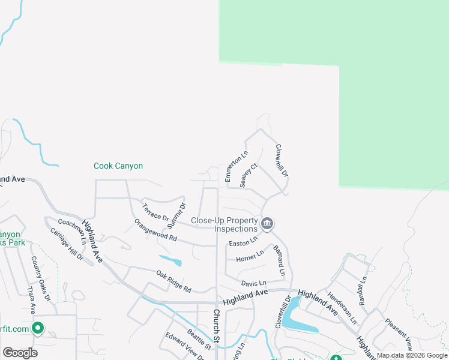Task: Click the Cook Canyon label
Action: click(x=118, y=166)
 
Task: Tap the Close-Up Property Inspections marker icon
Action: click(x=268, y=224)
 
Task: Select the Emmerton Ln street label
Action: click(x=236, y=167)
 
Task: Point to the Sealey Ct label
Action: click(x=249, y=175)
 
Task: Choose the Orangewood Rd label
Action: click(x=155, y=230)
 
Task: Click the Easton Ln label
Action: click(x=243, y=242)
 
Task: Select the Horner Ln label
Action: click(x=250, y=257)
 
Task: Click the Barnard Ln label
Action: click(x=278, y=260)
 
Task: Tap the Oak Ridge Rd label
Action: click(x=173, y=281)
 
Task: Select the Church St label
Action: click(x=217, y=327)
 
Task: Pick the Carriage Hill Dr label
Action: click(x=67, y=244)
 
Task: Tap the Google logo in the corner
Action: click(x=20, y=352)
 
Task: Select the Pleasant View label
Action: click(x=399, y=334)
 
